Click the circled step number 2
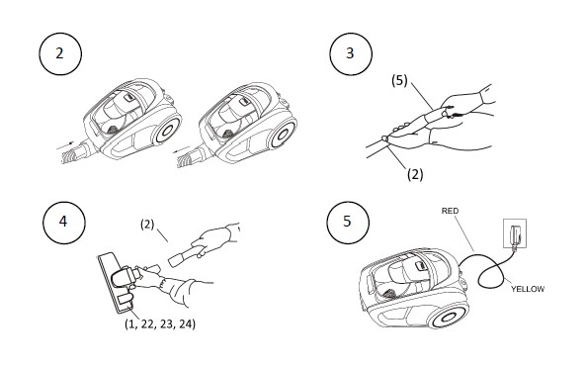pyautogui.click(x=60, y=53)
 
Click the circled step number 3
pyautogui.click(x=351, y=53)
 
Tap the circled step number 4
pyautogui.click(x=63, y=223)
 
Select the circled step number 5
pyautogui.click(x=348, y=222)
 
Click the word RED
pyautogui.click(x=450, y=211)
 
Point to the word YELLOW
pyautogui.click(x=528, y=289)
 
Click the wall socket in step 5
pyautogui.click(x=515, y=233)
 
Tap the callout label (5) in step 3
pyautogui.click(x=399, y=80)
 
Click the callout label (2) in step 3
pyautogui.click(x=415, y=174)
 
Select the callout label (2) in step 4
pyautogui.click(x=147, y=225)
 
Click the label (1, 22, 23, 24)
pyautogui.click(x=160, y=323)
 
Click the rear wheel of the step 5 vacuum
pyautogui.click(x=448, y=319)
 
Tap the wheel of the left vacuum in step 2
pyautogui.click(x=167, y=130)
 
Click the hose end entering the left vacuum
pyautogui.click(x=74, y=154)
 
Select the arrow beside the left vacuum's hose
pyautogui.click(x=66, y=145)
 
